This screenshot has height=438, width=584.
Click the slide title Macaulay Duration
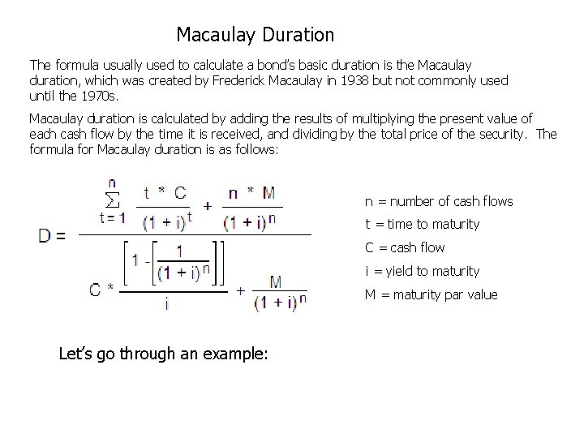255,35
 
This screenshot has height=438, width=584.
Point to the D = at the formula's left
53,236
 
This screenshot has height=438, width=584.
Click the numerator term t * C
165,193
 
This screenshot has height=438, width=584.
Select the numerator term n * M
252,193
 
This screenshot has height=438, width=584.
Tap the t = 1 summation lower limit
113,217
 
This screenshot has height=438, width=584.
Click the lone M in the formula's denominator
276,281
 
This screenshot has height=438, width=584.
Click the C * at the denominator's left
101,290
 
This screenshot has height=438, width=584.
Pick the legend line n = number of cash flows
439,201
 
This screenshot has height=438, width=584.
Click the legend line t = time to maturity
422,224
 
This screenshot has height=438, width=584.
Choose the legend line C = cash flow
404,247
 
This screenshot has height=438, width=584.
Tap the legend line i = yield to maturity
422,271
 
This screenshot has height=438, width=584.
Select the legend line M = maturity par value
431,294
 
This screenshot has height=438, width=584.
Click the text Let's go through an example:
163,354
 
